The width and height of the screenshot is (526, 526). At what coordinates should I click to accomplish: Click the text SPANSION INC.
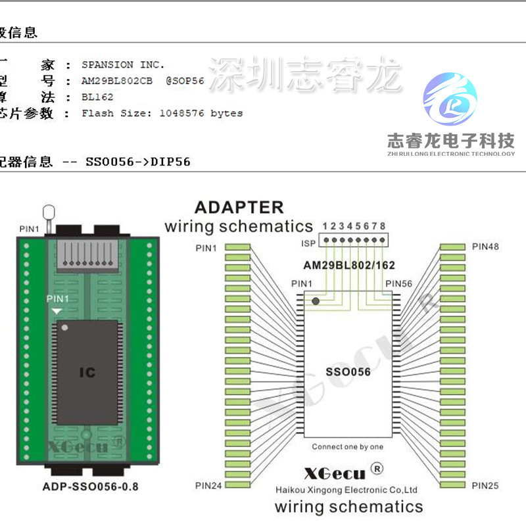click(x=123, y=64)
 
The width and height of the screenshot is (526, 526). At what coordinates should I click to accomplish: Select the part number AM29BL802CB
click(x=117, y=81)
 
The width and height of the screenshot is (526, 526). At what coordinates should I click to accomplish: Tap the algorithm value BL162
click(x=97, y=97)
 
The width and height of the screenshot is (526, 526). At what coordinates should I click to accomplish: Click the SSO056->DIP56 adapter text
click(x=137, y=161)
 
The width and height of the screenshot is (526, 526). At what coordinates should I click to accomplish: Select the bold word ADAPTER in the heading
click(x=239, y=207)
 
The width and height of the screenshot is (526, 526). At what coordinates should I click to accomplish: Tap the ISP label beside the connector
click(x=308, y=243)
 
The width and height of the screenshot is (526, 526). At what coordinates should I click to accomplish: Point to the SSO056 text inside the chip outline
click(x=348, y=371)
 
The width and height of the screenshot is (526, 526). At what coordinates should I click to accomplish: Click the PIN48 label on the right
click(x=485, y=247)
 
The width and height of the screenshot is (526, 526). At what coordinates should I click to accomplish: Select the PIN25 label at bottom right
click(x=485, y=485)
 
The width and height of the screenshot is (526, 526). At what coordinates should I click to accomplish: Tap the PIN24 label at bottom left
click(x=208, y=485)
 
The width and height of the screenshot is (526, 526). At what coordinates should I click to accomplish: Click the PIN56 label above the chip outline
click(x=398, y=283)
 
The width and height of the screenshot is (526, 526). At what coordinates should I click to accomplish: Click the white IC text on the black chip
click(x=87, y=373)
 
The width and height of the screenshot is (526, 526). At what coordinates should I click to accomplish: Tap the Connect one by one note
click(x=347, y=447)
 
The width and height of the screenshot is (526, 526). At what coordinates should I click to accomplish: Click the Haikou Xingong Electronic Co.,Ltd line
click(x=347, y=490)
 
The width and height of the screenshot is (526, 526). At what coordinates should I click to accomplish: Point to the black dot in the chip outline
click(x=316, y=301)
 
